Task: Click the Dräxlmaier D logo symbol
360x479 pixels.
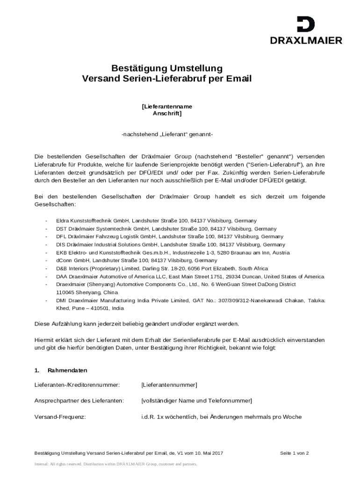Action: (306, 24)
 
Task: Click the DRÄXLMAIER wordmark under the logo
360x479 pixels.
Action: (306, 41)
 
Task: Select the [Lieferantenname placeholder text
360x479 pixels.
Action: (167, 106)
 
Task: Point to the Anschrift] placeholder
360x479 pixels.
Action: (167, 113)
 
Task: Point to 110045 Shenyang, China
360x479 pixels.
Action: (81, 292)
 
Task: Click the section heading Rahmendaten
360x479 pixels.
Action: (67, 370)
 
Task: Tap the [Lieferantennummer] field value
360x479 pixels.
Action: (169, 385)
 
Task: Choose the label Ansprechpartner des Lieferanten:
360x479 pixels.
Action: (79, 401)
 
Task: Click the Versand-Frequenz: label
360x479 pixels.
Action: (60, 417)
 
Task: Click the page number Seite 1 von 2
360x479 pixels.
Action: (294, 453)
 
